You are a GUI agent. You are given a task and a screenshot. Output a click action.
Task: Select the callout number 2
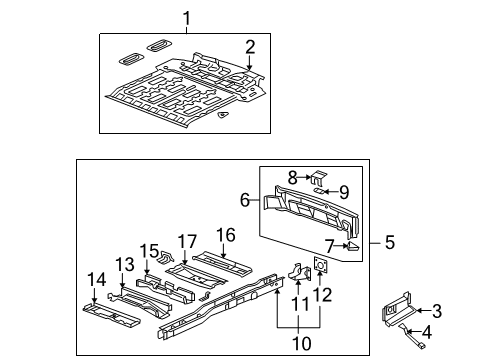tap(250, 45)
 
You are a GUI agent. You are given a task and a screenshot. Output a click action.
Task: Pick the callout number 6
tap(245, 200)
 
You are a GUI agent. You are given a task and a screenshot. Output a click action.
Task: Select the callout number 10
tap(298, 343)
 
